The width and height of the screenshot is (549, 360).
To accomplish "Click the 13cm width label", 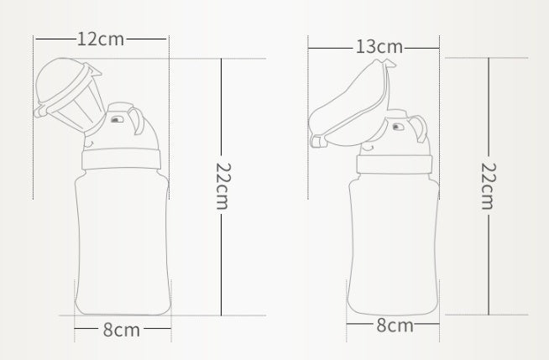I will click(378, 46).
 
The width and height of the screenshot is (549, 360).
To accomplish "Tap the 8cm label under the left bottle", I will click(122, 330).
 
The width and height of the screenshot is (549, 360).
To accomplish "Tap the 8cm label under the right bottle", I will click(394, 326).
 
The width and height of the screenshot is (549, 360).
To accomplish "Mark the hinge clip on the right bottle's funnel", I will click(317, 140).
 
